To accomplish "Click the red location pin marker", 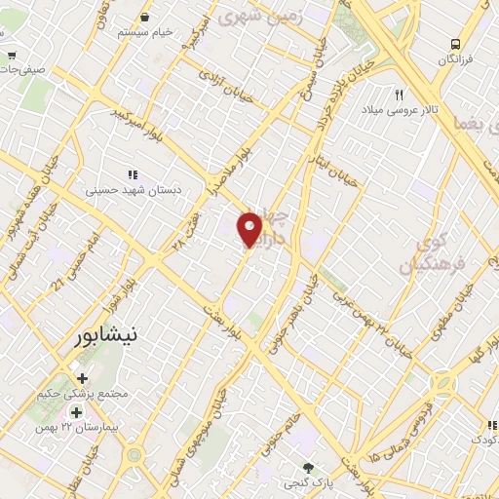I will [250, 229].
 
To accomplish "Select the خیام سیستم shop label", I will [145, 31].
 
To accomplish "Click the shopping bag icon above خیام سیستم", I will [145, 17].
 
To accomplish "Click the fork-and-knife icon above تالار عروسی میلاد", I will [399, 95].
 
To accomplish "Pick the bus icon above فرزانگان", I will [455, 45].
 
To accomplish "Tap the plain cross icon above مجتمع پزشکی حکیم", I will [82, 378].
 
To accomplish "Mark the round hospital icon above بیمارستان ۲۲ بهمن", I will [76, 413].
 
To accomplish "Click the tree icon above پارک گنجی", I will [309, 469].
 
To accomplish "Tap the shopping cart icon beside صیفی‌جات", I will [11, 55].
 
